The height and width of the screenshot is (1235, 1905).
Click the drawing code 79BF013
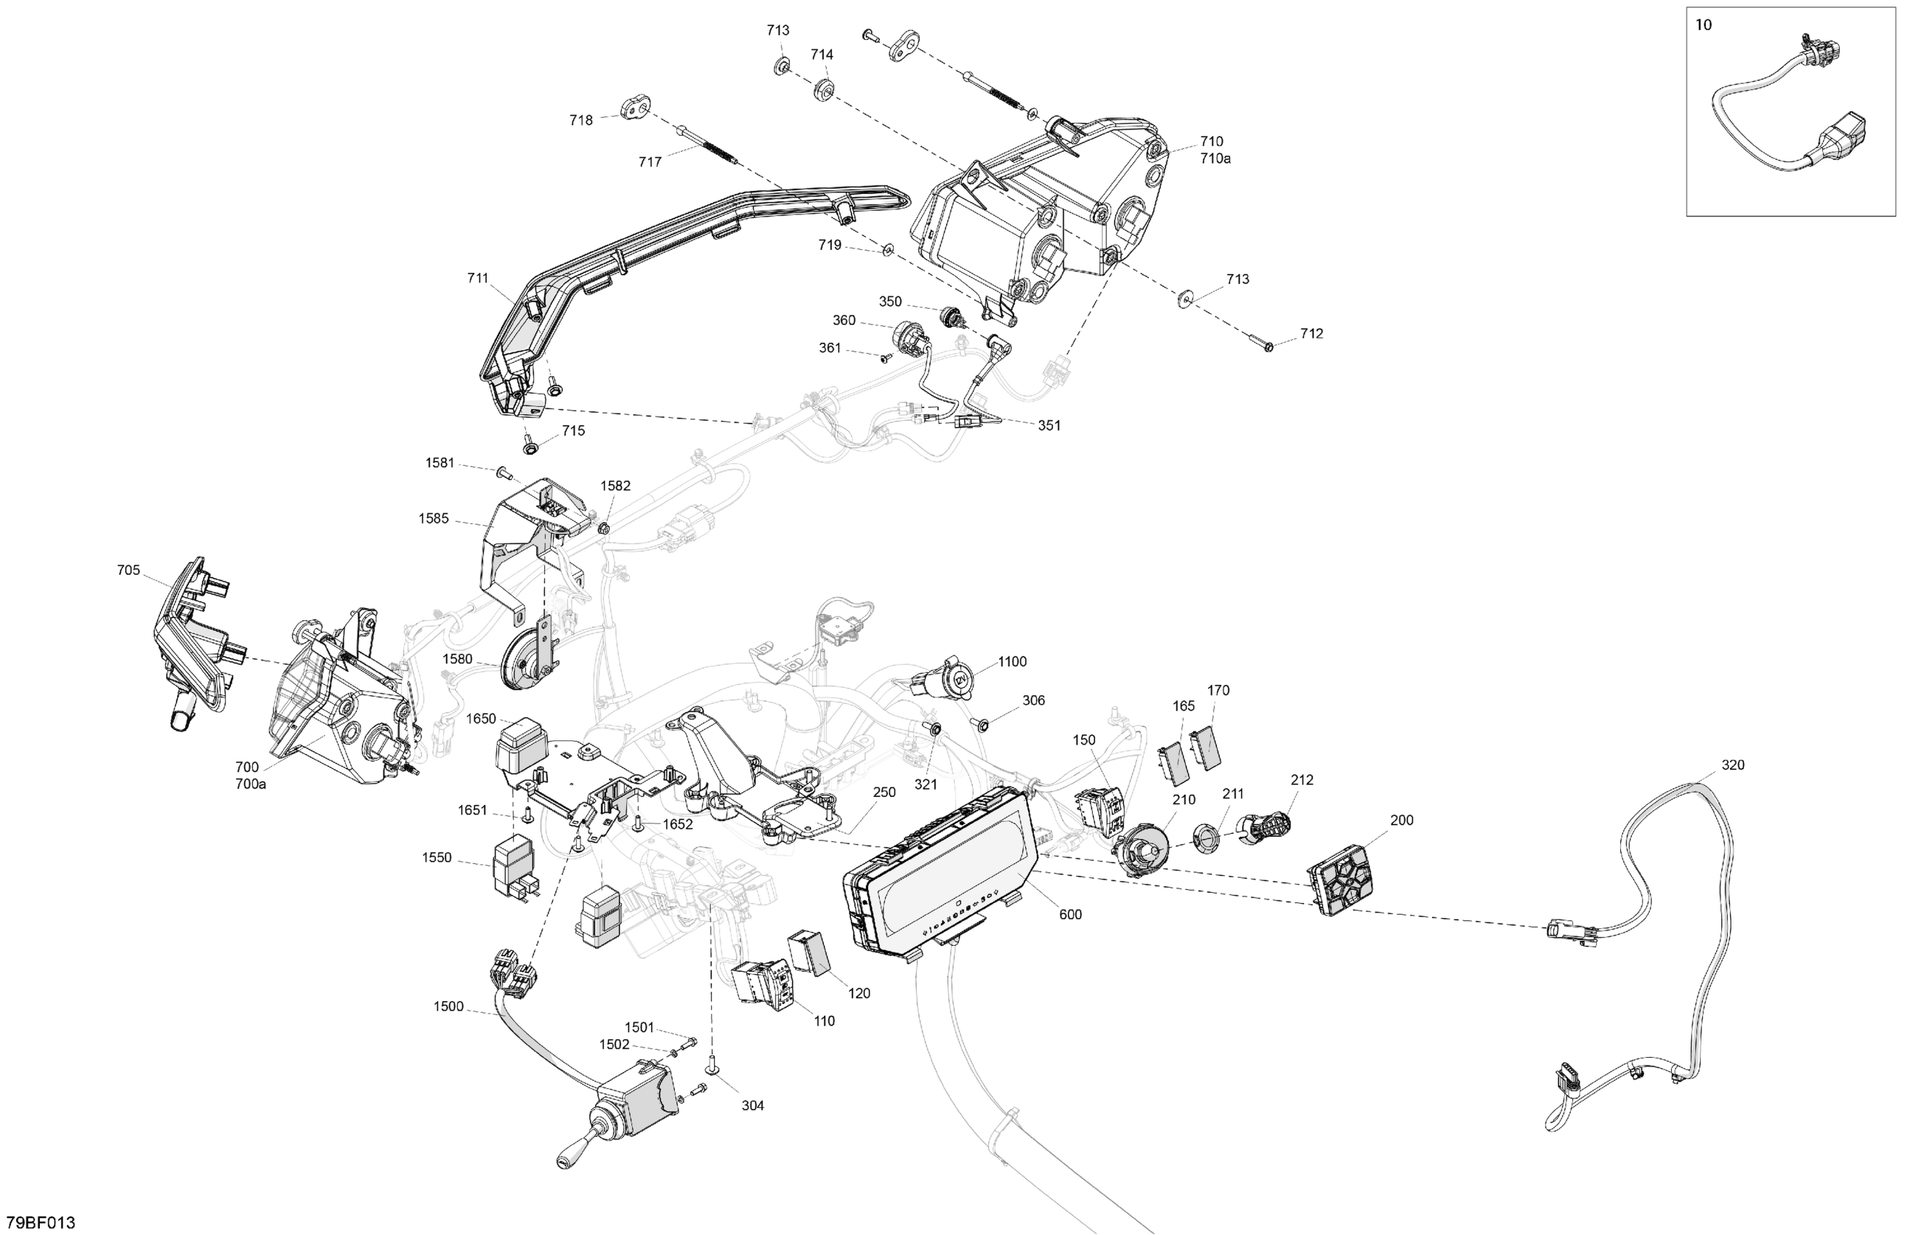41,1222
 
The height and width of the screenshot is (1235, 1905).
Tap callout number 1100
1012,661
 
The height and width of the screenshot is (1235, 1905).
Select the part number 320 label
1732,764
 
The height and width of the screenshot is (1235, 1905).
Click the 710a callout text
1215,158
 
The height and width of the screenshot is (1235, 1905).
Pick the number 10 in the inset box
1703,25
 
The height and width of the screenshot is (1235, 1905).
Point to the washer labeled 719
887,251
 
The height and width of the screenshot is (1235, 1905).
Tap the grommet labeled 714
824,89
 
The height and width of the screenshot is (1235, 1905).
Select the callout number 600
1070,914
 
